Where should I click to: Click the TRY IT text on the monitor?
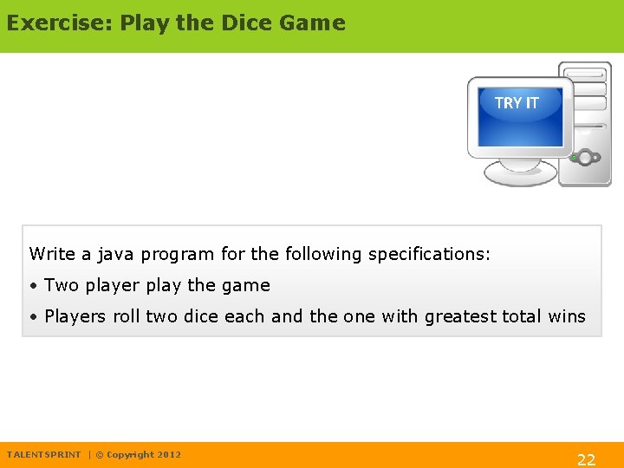click(x=517, y=103)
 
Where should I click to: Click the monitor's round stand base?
click(x=519, y=173)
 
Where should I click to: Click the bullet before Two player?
click(x=32, y=286)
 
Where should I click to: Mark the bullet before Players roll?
click(x=32, y=317)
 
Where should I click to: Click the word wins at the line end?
click(x=567, y=317)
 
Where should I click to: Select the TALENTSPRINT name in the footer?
click(x=43, y=455)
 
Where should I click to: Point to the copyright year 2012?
click(x=170, y=455)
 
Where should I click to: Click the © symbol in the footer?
click(x=100, y=455)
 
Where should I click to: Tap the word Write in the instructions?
click(x=52, y=255)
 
